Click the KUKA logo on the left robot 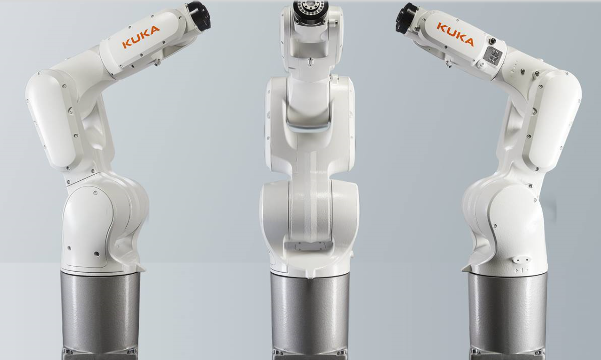pos(141,37)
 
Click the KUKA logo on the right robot pos(455,34)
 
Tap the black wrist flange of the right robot pos(407,18)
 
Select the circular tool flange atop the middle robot pos(311,8)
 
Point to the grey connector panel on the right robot pos(494,56)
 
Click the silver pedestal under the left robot pos(100,314)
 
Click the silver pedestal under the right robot pos(507,315)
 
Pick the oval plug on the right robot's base pos(521,260)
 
